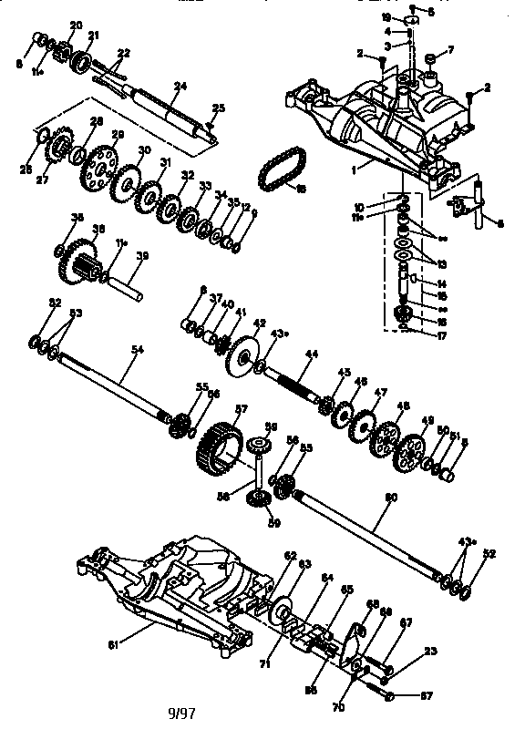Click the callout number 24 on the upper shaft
(x=180, y=86)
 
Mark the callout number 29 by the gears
(x=118, y=135)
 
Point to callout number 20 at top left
(x=76, y=24)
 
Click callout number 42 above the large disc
(x=259, y=323)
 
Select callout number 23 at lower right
(x=431, y=650)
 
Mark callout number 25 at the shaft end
(x=218, y=108)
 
